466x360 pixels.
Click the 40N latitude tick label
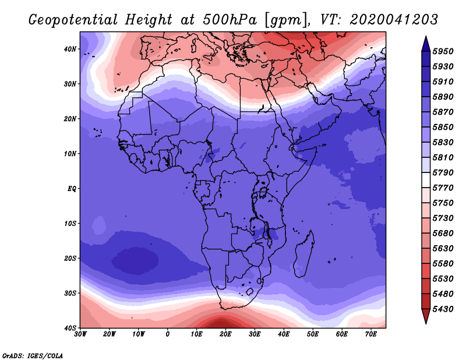click(70, 49)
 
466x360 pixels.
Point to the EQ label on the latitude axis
click(72, 189)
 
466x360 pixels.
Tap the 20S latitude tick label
click(70, 258)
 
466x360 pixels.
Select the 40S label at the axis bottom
click(70, 328)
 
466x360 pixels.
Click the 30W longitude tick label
click(80, 334)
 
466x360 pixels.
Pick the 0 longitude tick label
click(168, 334)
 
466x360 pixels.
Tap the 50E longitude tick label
click(313, 334)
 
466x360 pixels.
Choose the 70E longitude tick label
click(371, 334)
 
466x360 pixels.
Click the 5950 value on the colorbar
click(443, 51)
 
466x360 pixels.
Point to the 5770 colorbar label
click(443, 188)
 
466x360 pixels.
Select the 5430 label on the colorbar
click(443, 309)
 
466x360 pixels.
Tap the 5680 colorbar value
click(443, 234)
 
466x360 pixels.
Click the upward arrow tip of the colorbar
click(426, 36)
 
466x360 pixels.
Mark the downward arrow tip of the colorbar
click(426, 324)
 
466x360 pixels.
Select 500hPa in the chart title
click(230, 20)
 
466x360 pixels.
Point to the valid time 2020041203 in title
click(394, 20)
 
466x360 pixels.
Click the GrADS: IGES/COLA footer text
click(33, 355)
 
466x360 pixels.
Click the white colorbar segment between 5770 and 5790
click(426, 180)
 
